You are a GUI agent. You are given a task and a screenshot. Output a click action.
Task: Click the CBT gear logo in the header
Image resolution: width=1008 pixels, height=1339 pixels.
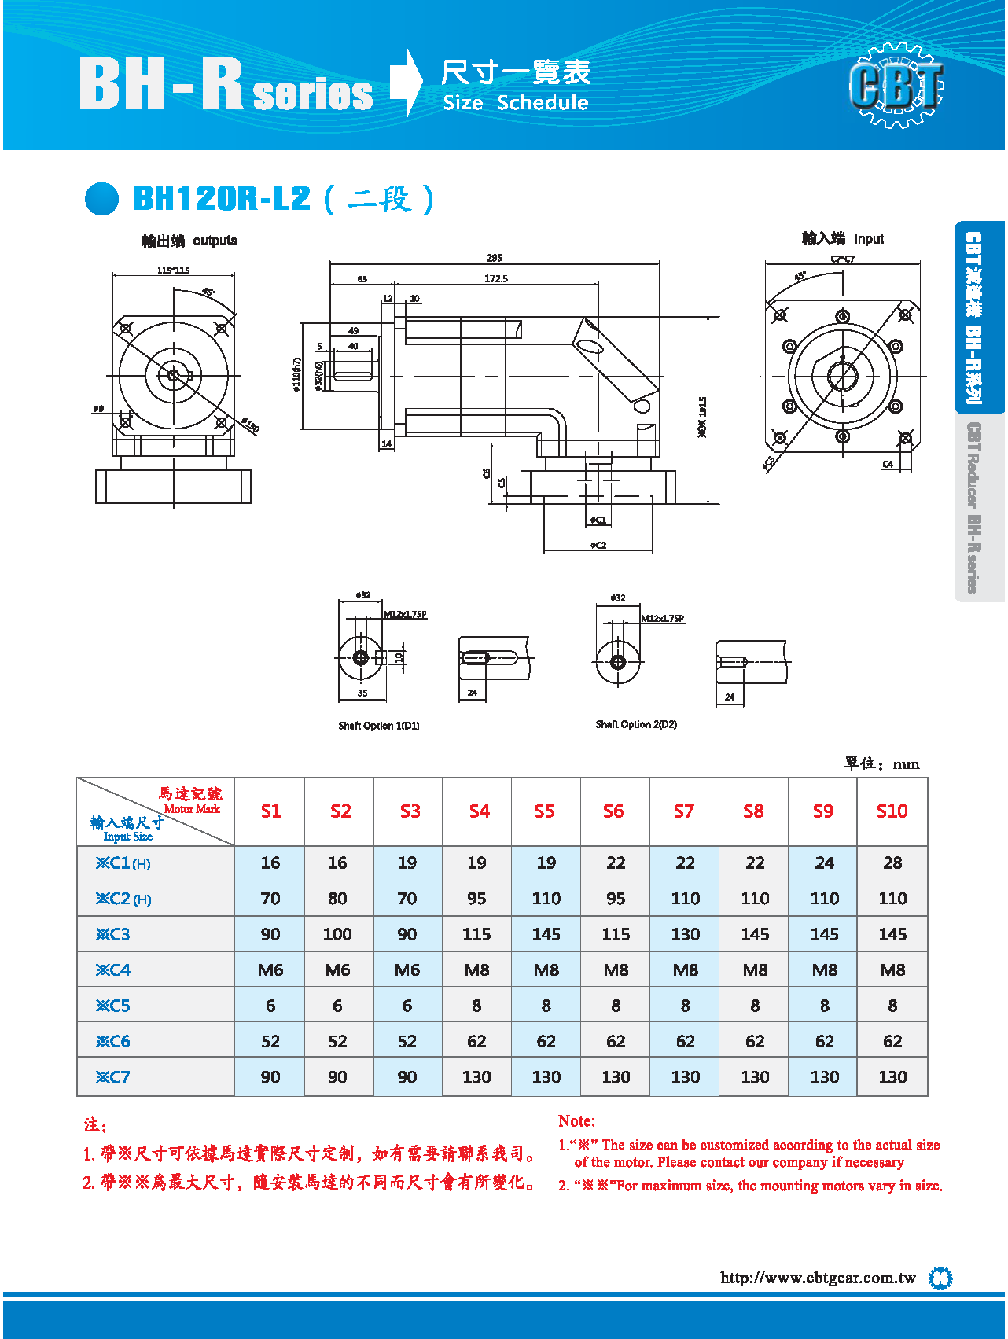tap(896, 85)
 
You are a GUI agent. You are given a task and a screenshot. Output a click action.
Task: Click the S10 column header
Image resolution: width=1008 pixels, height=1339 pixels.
tap(892, 811)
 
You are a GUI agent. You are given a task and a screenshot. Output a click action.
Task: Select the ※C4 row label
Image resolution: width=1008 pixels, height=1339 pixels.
tap(113, 970)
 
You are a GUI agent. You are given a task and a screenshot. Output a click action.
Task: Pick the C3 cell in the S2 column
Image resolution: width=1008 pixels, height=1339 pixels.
tap(337, 934)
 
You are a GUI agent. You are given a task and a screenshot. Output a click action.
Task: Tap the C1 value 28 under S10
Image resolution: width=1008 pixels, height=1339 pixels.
tap(892, 863)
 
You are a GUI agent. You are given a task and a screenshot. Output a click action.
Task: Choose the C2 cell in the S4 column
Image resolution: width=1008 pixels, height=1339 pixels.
tap(476, 899)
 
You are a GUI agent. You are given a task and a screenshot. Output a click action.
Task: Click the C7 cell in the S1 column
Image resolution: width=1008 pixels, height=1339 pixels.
tap(270, 1077)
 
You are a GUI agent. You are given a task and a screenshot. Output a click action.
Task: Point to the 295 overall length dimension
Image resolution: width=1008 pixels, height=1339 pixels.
tap(495, 258)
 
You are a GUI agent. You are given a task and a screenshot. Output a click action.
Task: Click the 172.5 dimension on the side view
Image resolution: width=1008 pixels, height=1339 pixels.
tap(496, 278)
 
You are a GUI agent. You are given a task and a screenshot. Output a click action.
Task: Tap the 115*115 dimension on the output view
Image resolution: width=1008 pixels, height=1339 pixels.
tap(173, 270)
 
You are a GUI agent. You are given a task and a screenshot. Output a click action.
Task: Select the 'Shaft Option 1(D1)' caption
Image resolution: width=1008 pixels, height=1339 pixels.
tap(379, 726)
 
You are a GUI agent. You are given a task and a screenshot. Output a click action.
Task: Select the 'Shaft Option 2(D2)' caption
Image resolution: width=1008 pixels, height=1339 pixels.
tap(636, 724)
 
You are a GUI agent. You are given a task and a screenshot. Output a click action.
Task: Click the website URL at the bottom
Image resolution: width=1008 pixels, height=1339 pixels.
tap(818, 1278)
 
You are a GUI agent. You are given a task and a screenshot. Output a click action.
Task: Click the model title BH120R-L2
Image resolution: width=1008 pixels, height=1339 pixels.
tap(223, 198)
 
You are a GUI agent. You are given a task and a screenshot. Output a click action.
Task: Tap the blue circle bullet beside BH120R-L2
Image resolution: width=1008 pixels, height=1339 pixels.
tap(102, 199)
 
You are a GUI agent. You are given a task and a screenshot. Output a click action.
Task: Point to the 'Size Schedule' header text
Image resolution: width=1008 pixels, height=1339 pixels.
tap(516, 103)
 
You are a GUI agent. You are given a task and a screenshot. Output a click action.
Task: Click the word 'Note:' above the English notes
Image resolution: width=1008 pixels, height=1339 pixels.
tap(576, 1121)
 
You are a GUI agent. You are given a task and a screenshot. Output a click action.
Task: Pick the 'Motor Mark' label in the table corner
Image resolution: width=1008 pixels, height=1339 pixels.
tap(192, 809)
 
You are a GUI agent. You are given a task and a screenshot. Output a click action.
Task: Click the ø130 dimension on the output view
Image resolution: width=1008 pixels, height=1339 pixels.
tap(250, 425)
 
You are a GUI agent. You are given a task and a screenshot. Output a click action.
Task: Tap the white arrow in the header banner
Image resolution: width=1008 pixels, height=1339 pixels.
tap(406, 83)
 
